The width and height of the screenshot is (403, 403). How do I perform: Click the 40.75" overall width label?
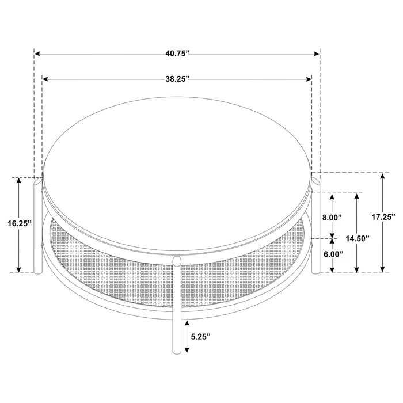coord(177,54)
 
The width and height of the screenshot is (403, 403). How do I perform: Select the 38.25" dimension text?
coord(177,80)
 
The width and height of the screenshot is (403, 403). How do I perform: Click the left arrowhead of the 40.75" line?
coord(36,54)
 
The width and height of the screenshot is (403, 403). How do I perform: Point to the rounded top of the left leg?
coord(38,183)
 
